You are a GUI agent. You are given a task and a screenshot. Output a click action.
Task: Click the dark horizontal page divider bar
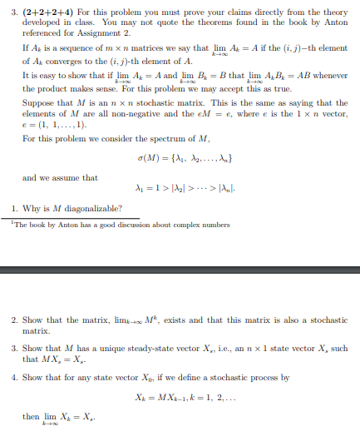(180, 268)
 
